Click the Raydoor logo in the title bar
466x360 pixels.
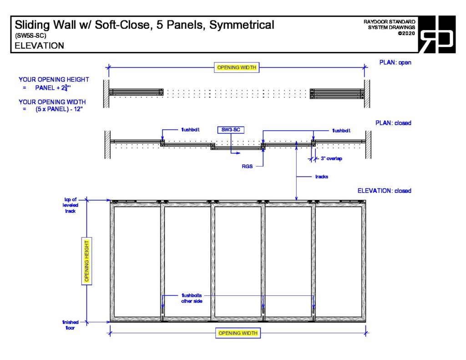point(436,34)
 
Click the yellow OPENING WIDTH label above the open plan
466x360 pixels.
point(237,68)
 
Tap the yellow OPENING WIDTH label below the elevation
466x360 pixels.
point(238,333)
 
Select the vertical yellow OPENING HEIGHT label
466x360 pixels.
point(86,261)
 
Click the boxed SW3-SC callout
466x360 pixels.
point(230,130)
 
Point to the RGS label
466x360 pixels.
point(247,167)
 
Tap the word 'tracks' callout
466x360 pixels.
point(322,177)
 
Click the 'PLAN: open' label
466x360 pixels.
point(395,62)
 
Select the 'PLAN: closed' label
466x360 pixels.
point(393,123)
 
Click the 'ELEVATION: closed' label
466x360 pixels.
point(384,191)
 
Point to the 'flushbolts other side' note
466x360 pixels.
point(192,298)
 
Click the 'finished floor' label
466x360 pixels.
point(70,325)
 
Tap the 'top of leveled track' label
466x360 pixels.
point(70,205)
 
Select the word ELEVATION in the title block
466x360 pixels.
point(39,46)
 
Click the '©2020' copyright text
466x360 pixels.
point(406,34)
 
